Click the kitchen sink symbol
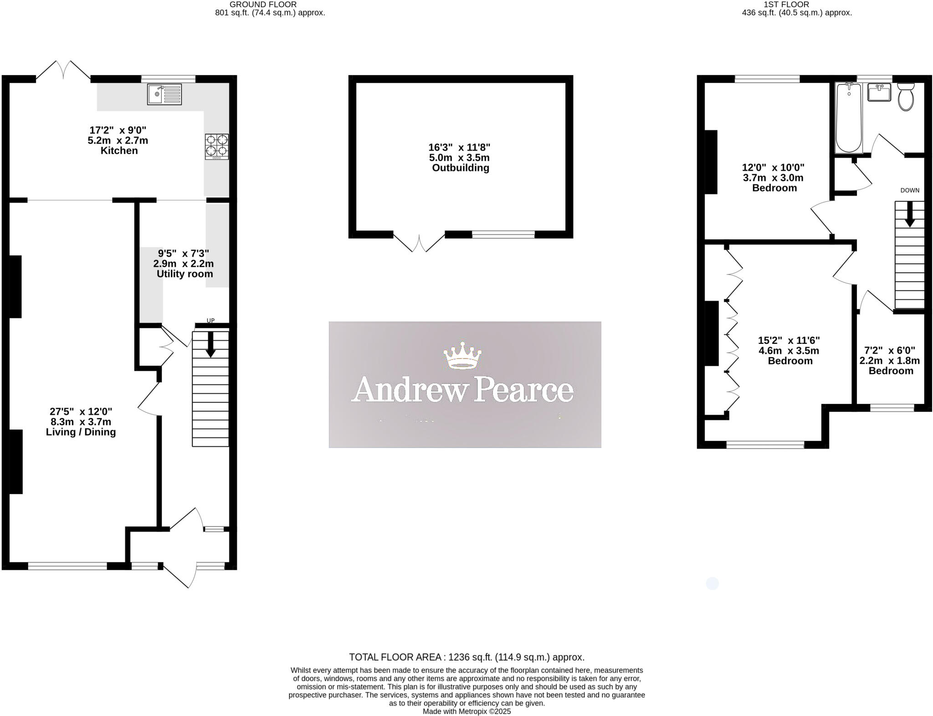[x=164, y=94]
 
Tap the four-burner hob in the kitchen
[x=217, y=146]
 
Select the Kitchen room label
[x=119, y=151]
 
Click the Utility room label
[x=185, y=274]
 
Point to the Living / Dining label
[x=81, y=432]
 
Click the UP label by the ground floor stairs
[x=210, y=321]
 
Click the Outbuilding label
[x=461, y=168]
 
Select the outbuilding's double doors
[x=419, y=243]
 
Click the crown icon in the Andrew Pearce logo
[x=462, y=355]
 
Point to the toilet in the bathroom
[x=906, y=97]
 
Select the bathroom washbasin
[x=879, y=92]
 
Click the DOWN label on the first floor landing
[x=910, y=190]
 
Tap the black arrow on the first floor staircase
[x=910, y=214]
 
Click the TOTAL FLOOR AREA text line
[x=466, y=657]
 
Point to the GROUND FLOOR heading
[x=263, y=5]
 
